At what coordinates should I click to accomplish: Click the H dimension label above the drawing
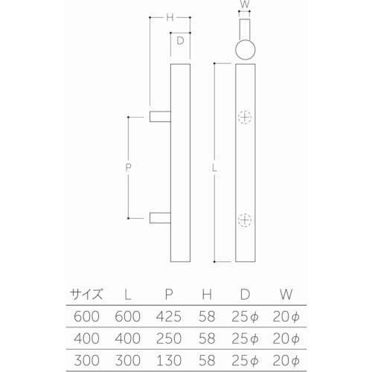(170, 17)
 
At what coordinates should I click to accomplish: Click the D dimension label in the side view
(179, 42)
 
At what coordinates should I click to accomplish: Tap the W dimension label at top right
(245, 5)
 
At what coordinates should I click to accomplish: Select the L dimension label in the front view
(215, 167)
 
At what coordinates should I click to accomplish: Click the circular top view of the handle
(245, 50)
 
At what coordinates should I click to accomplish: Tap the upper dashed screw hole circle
(245, 118)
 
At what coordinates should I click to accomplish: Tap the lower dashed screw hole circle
(245, 218)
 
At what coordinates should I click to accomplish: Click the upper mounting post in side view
(159, 117)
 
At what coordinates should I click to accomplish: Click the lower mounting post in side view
(159, 217)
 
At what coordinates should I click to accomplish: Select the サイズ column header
(87, 293)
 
